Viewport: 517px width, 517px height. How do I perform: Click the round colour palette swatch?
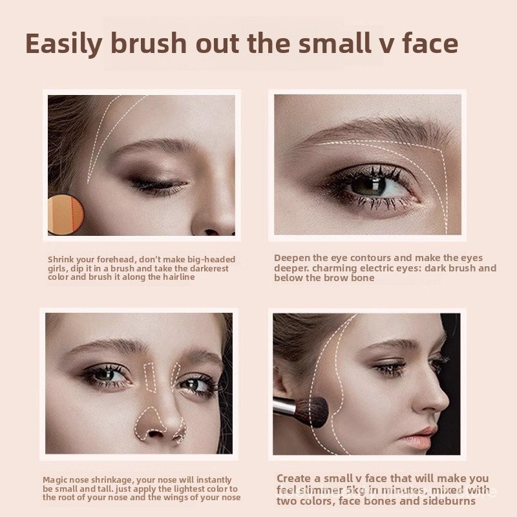(65, 215)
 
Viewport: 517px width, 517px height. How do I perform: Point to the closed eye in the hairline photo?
(158, 185)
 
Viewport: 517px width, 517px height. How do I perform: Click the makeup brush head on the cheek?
(313, 412)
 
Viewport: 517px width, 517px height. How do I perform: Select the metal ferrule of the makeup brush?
(285, 406)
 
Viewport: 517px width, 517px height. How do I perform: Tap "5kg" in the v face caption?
(355, 491)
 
